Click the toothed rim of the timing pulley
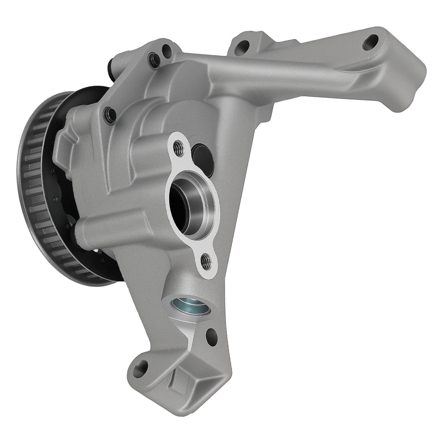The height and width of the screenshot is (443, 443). (x=31, y=186)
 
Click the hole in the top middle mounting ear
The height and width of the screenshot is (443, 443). (x=243, y=46)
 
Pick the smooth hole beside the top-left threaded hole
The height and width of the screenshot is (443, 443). (x=167, y=50)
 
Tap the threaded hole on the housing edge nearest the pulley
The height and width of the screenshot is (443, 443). (x=109, y=115)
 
